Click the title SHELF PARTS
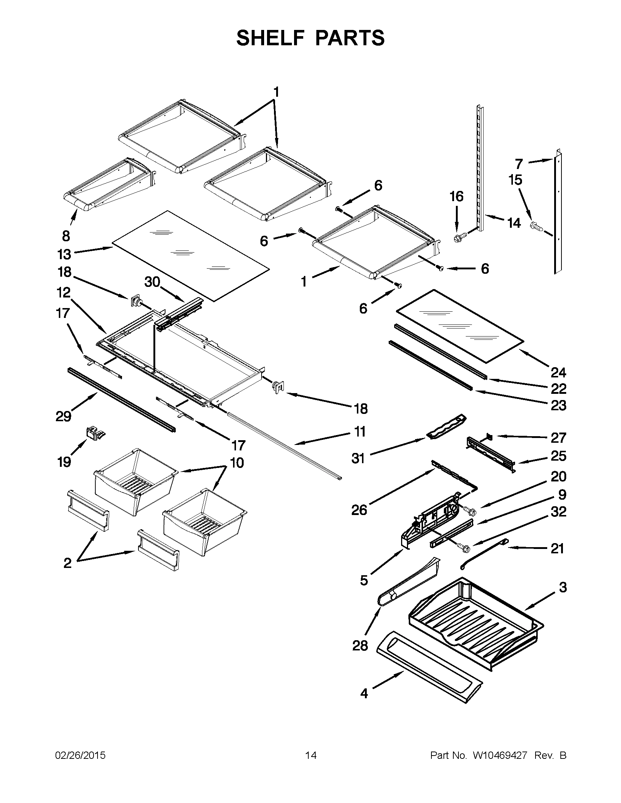310,38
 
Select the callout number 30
152,282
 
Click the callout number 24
558,372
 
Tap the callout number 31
358,458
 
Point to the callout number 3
563,587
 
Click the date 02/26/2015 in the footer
80,755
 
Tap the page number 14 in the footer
311,755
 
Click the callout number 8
66,236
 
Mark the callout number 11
359,431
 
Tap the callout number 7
519,163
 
